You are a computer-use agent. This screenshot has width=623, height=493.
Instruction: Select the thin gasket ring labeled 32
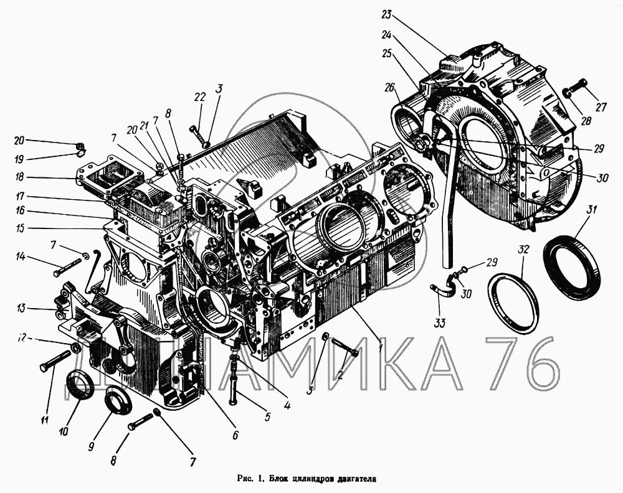[513, 298]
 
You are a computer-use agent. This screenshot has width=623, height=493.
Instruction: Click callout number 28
[586, 120]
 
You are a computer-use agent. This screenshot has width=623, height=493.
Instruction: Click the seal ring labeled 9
[117, 403]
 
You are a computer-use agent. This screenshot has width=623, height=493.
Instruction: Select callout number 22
[199, 97]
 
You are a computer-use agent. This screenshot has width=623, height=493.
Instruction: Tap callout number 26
[390, 87]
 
